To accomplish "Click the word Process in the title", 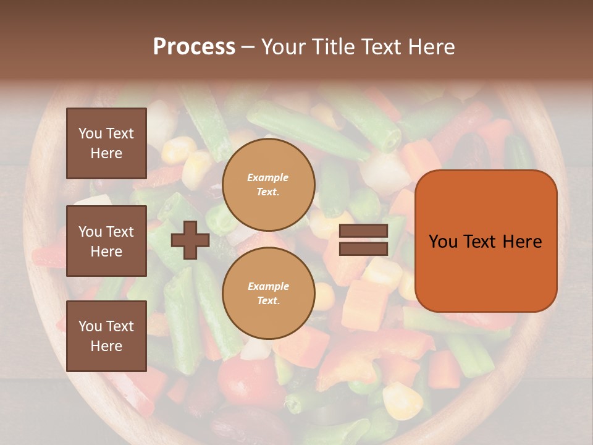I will [194, 47].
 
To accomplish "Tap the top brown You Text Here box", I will [106, 143].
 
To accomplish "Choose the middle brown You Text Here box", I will [106, 241].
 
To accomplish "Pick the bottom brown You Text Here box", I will [106, 336].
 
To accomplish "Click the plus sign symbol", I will [190, 240].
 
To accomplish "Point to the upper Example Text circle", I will [268, 185].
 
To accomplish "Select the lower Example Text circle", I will [268, 294].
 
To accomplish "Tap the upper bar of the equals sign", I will [364, 231].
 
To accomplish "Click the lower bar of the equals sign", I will [364, 248].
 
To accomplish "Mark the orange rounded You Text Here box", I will [486, 241].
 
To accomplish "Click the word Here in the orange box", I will [522, 242].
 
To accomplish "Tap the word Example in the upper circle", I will [268, 177].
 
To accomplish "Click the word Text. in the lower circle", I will [268, 301].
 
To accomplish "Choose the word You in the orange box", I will [443, 242].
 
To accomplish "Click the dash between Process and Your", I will [248, 47].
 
